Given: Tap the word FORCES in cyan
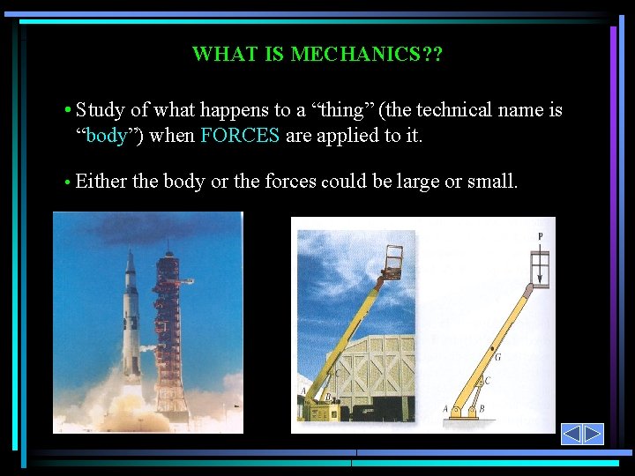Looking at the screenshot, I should [x=240, y=136].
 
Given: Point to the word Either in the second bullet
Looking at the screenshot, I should [x=101, y=182].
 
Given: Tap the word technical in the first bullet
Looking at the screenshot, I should [x=453, y=110].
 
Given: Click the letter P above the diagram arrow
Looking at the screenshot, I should [x=540, y=236].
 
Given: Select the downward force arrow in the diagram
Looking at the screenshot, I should [x=540, y=269].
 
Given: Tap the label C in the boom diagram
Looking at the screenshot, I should [x=486, y=381].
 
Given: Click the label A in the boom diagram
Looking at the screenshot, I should [x=444, y=409].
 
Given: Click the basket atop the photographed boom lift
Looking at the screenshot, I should [x=398, y=262].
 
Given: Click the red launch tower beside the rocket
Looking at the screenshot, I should [x=170, y=326].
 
